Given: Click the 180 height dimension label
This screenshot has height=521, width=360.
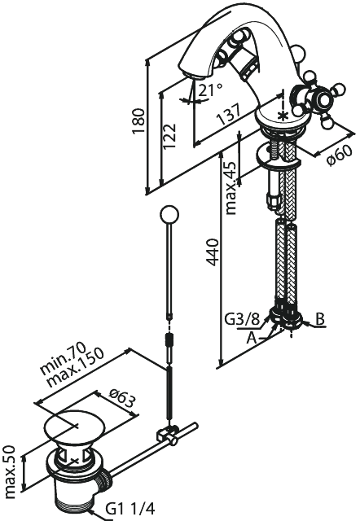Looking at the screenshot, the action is click(x=138, y=120).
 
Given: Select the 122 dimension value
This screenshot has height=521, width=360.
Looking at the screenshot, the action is click(x=169, y=137).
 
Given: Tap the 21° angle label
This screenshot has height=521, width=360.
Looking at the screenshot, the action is click(x=211, y=90).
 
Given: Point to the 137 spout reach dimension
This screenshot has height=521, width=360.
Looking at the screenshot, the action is click(x=228, y=115).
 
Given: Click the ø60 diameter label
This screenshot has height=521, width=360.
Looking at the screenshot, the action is click(x=339, y=156).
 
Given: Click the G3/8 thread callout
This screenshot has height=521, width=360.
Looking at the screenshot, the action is click(x=242, y=320).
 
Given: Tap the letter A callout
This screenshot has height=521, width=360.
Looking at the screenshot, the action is click(x=252, y=339).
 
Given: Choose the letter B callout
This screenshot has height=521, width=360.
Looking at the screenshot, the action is click(x=319, y=319).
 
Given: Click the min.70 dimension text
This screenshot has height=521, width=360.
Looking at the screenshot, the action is click(x=64, y=358).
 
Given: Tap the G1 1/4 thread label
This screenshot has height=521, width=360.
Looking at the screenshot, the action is click(x=130, y=508).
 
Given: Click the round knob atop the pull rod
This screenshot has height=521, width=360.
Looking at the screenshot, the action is click(x=169, y=215).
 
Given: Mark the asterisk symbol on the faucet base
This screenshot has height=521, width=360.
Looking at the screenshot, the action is click(x=283, y=116).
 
